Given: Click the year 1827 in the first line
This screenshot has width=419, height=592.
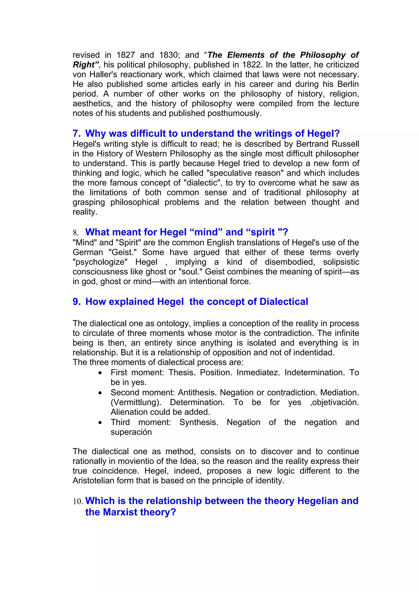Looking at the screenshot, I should [125, 55].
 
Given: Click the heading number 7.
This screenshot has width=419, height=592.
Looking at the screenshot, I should [77, 133].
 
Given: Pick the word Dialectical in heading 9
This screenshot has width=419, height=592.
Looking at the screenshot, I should [284, 302].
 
